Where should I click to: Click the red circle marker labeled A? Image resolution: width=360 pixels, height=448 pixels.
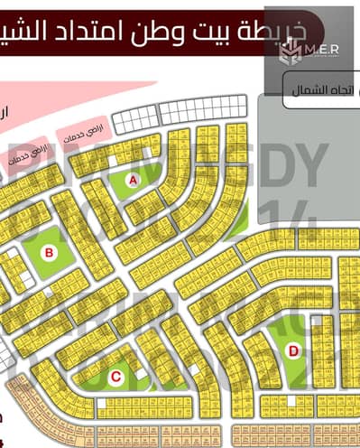pos(134,181)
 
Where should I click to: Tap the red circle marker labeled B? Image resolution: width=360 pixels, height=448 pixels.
pos(50,252)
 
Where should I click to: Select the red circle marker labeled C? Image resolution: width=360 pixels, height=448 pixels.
pos(115,376)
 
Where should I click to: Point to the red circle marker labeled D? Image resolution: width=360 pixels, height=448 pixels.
pos(291,350)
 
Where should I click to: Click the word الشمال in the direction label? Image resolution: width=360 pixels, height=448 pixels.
pos(310,89)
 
